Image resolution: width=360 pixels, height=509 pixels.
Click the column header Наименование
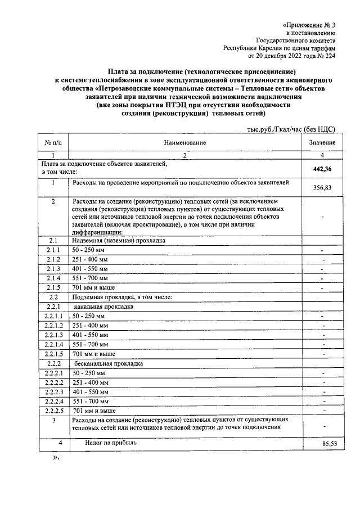pos(185,143)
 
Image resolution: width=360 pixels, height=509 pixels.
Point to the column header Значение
pos(322,143)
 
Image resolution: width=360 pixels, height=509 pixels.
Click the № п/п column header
pos(52,143)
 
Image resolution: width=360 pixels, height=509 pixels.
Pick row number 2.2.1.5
pos(55,354)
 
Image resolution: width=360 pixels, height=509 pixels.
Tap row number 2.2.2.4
pos(55,402)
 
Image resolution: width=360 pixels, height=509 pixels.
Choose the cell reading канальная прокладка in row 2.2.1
pos(103,307)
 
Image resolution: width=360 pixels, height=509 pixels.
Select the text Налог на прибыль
pos(111,443)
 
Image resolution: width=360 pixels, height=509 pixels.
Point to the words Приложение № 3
pos(309,25)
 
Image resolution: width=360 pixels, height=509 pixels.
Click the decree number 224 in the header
pos(330,56)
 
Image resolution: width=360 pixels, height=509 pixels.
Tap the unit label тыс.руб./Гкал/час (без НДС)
pos(291,129)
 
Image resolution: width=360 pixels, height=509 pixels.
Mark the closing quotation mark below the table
pos(56,458)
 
